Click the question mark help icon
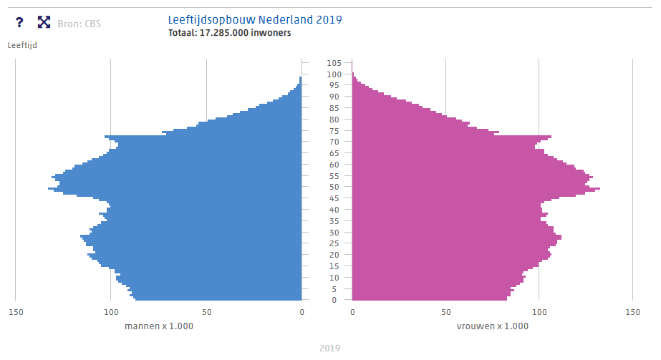pos(19,23)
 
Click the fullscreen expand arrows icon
pos(44,23)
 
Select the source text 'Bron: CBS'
pos(79,24)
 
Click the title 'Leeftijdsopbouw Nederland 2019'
pos(254,19)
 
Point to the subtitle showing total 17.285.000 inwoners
pos(229,33)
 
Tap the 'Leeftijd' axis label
pos(22,45)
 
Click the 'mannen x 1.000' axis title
pos(159,326)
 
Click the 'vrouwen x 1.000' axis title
pos(492,326)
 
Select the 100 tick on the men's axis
pos(111,312)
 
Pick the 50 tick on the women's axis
pos(445,312)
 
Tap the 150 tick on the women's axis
pos(632,312)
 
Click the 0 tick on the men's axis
pos(301,312)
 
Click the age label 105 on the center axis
pos(334,63)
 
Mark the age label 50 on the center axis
pos(334,187)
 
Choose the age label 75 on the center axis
pos(334,130)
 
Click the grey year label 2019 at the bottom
pos(329,349)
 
